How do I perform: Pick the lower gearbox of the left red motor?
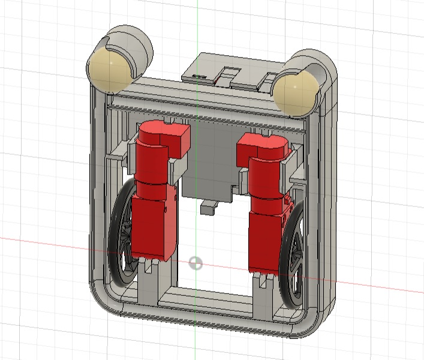(153, 228)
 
